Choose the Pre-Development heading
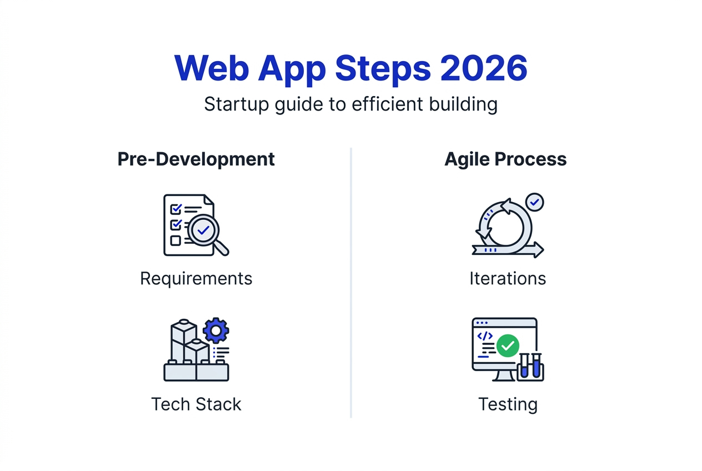click(196, 159)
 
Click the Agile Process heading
click(505, 159)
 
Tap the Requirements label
click(196, 278)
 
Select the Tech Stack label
click(196, 404)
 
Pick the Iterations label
click(508, 278)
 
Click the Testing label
click(508, 404)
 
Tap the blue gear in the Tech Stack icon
click(215, 331)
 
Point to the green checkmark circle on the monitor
click(507, 345)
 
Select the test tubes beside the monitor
click(530, 367)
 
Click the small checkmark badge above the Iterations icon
click(534, 202)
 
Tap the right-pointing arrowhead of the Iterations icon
click(538, 249)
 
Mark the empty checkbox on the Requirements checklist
click(175, 240)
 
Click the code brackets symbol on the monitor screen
click(485, 336)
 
